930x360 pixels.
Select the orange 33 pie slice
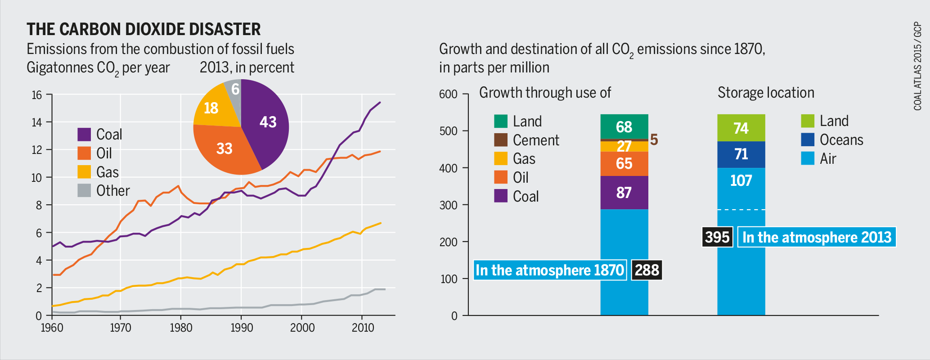[x=225, y=148]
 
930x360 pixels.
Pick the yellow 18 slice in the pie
[x=211, y=108]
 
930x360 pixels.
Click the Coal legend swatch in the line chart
[x=84, y=134]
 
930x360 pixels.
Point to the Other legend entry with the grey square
[x=103, y=190]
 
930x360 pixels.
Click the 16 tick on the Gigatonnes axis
[x=37, y=95]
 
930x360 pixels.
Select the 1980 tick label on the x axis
[x=181, y=328]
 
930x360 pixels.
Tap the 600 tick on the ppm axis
[x=448, y=94]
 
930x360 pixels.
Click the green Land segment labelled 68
[x=624, y=127]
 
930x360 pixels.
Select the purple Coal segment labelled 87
[x=624, y=193]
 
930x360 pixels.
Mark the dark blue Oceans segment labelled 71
[x=741, y=154]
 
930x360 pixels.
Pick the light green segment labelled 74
[x=741, y=128]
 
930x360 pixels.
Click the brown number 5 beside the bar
[x=654, y=140]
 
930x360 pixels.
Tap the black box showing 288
[x=647, y=270]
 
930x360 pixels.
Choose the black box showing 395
[x=717, y=237]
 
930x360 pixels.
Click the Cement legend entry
[x=526, y=140]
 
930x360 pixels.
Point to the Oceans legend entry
[x=832, y=139]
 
